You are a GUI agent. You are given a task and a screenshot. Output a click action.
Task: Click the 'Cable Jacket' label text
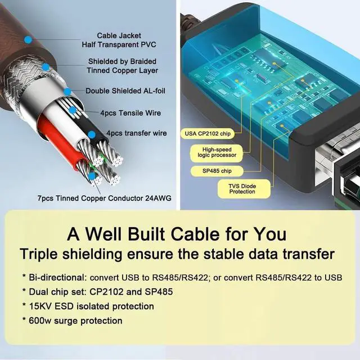point(118,35)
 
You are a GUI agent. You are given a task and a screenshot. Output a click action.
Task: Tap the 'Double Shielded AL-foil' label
point(125,91)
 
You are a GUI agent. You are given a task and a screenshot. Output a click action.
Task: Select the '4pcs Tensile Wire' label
point(130,113)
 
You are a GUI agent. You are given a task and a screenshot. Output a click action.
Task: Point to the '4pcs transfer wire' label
point(137,133)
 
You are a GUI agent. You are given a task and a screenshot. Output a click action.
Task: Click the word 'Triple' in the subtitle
point(44,254)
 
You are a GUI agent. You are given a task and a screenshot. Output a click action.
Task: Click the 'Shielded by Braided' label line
point(122,61)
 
